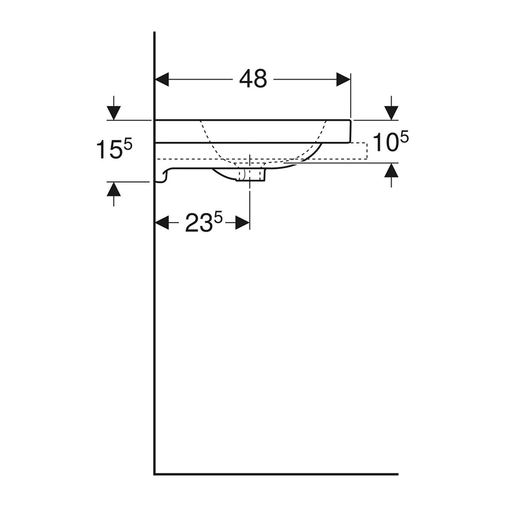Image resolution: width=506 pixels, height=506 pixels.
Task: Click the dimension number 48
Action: coord(253,79)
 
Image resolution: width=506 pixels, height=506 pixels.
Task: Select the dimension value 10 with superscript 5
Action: coord(391,142)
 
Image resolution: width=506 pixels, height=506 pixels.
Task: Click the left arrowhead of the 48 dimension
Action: coord(163,79)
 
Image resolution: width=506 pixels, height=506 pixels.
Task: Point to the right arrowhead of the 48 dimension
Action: coord(343,79)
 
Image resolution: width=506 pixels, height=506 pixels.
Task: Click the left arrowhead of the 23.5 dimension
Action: coord(162,223)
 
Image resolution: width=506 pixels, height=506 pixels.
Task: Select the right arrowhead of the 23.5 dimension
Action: coord(242,223)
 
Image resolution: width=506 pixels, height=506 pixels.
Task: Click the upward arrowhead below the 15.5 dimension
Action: coord(113,189)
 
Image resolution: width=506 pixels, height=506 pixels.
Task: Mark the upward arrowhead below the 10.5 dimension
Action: coord(391,171)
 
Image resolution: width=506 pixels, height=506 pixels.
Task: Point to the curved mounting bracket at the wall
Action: coord(163,176)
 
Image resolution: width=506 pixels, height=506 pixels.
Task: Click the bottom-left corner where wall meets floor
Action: coord(155,474)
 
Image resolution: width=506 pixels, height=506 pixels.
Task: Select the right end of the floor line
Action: coord(396,474)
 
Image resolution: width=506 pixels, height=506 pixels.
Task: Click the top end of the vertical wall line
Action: coord(155,33)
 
